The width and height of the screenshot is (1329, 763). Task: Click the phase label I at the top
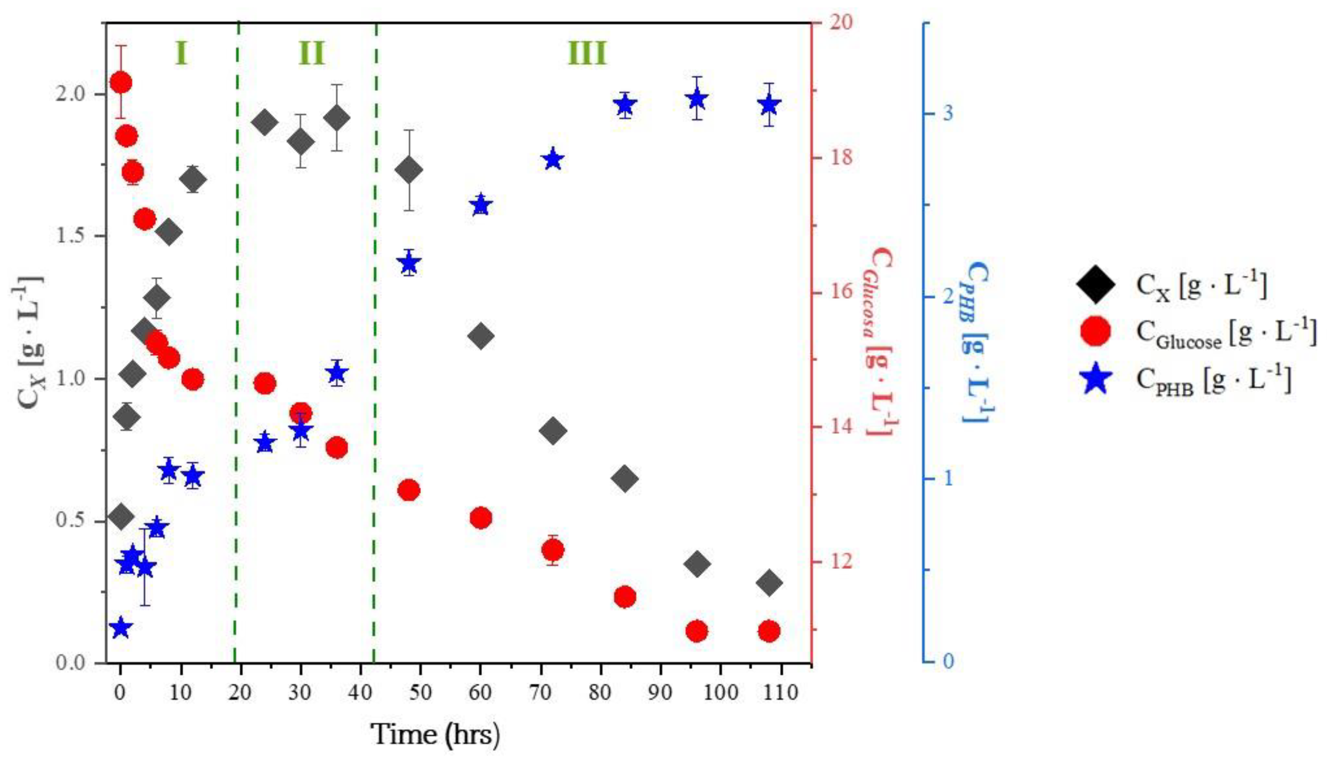tap(181, 53)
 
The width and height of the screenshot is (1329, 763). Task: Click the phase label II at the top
tap(312, 53)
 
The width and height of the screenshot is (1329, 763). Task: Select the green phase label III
tap(587, 53)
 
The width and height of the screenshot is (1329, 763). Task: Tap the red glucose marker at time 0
tap(121, 82)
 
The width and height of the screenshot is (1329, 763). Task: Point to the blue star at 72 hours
tap(553, 160)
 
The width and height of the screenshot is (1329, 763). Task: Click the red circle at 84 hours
tap(624, 597)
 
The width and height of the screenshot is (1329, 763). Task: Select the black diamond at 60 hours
tap(481, 336)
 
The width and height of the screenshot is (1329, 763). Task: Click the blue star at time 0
tap(121, 627)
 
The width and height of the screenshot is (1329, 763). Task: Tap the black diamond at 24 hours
tap(265, 123)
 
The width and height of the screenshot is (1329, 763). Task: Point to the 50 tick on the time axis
tap(420, 693)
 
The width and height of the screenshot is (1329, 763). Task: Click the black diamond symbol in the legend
tap(1095, 286)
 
